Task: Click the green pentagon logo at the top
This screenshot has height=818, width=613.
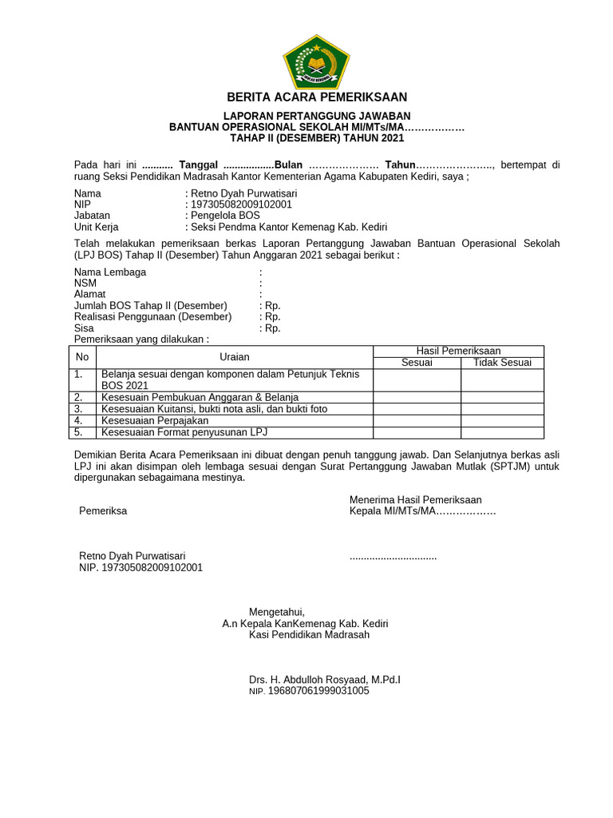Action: pyautogui.click(x=316, y=61)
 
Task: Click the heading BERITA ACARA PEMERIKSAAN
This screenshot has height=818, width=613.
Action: pyautogui.click(x=317, y=97)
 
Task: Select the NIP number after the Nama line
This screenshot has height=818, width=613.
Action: pyautogui.click(x=239, y=204)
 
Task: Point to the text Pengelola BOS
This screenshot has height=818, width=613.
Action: pyautogui.click(x=225, y=216)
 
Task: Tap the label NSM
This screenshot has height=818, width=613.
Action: pyautogui.click(x=85, y=283)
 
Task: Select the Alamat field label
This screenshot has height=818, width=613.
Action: pyautogui.click(x=90, y=294)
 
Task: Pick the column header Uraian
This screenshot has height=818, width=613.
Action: pyautogui.click(x=235, y=357)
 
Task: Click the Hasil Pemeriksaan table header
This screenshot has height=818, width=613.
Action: pyautogui.click(x=458, y=351)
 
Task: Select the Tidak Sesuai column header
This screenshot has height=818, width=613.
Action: pyautogui.click(x=502, y=363)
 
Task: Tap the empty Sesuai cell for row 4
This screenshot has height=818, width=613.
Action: pyautogui.click(x=417, y=420)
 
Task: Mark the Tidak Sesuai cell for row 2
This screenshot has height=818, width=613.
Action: pyautogui.click(x=502, y=397)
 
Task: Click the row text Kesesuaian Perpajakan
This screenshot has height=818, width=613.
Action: pyautogui.click(x=154, y=420)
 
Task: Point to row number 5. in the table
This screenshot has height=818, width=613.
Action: pyautogui.click(x=78, y=432)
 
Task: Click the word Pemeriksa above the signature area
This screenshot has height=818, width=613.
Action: pyautogui.click(x=103, y=511)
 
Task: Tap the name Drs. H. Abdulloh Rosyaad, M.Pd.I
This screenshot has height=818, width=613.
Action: pyautogui.click(x=324, y=680)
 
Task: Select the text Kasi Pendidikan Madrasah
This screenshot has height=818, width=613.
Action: pyautogui.click(x=309, y=635)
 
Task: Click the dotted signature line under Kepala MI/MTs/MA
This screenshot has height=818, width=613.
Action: pyautogui.click(x=393, y=556)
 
